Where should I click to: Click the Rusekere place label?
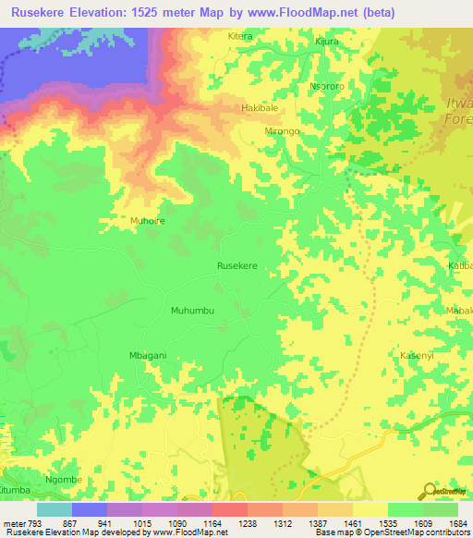pyautogui.click(x=236, y=265)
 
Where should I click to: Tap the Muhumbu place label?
pyautogui.click(x=192, y=311)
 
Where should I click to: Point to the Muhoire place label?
pyautogui.click(x=147, y=221)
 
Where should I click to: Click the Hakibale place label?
pyautogui.click(x=259, y=109)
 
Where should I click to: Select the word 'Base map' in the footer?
pyautogui.click(x=334, y=532)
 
